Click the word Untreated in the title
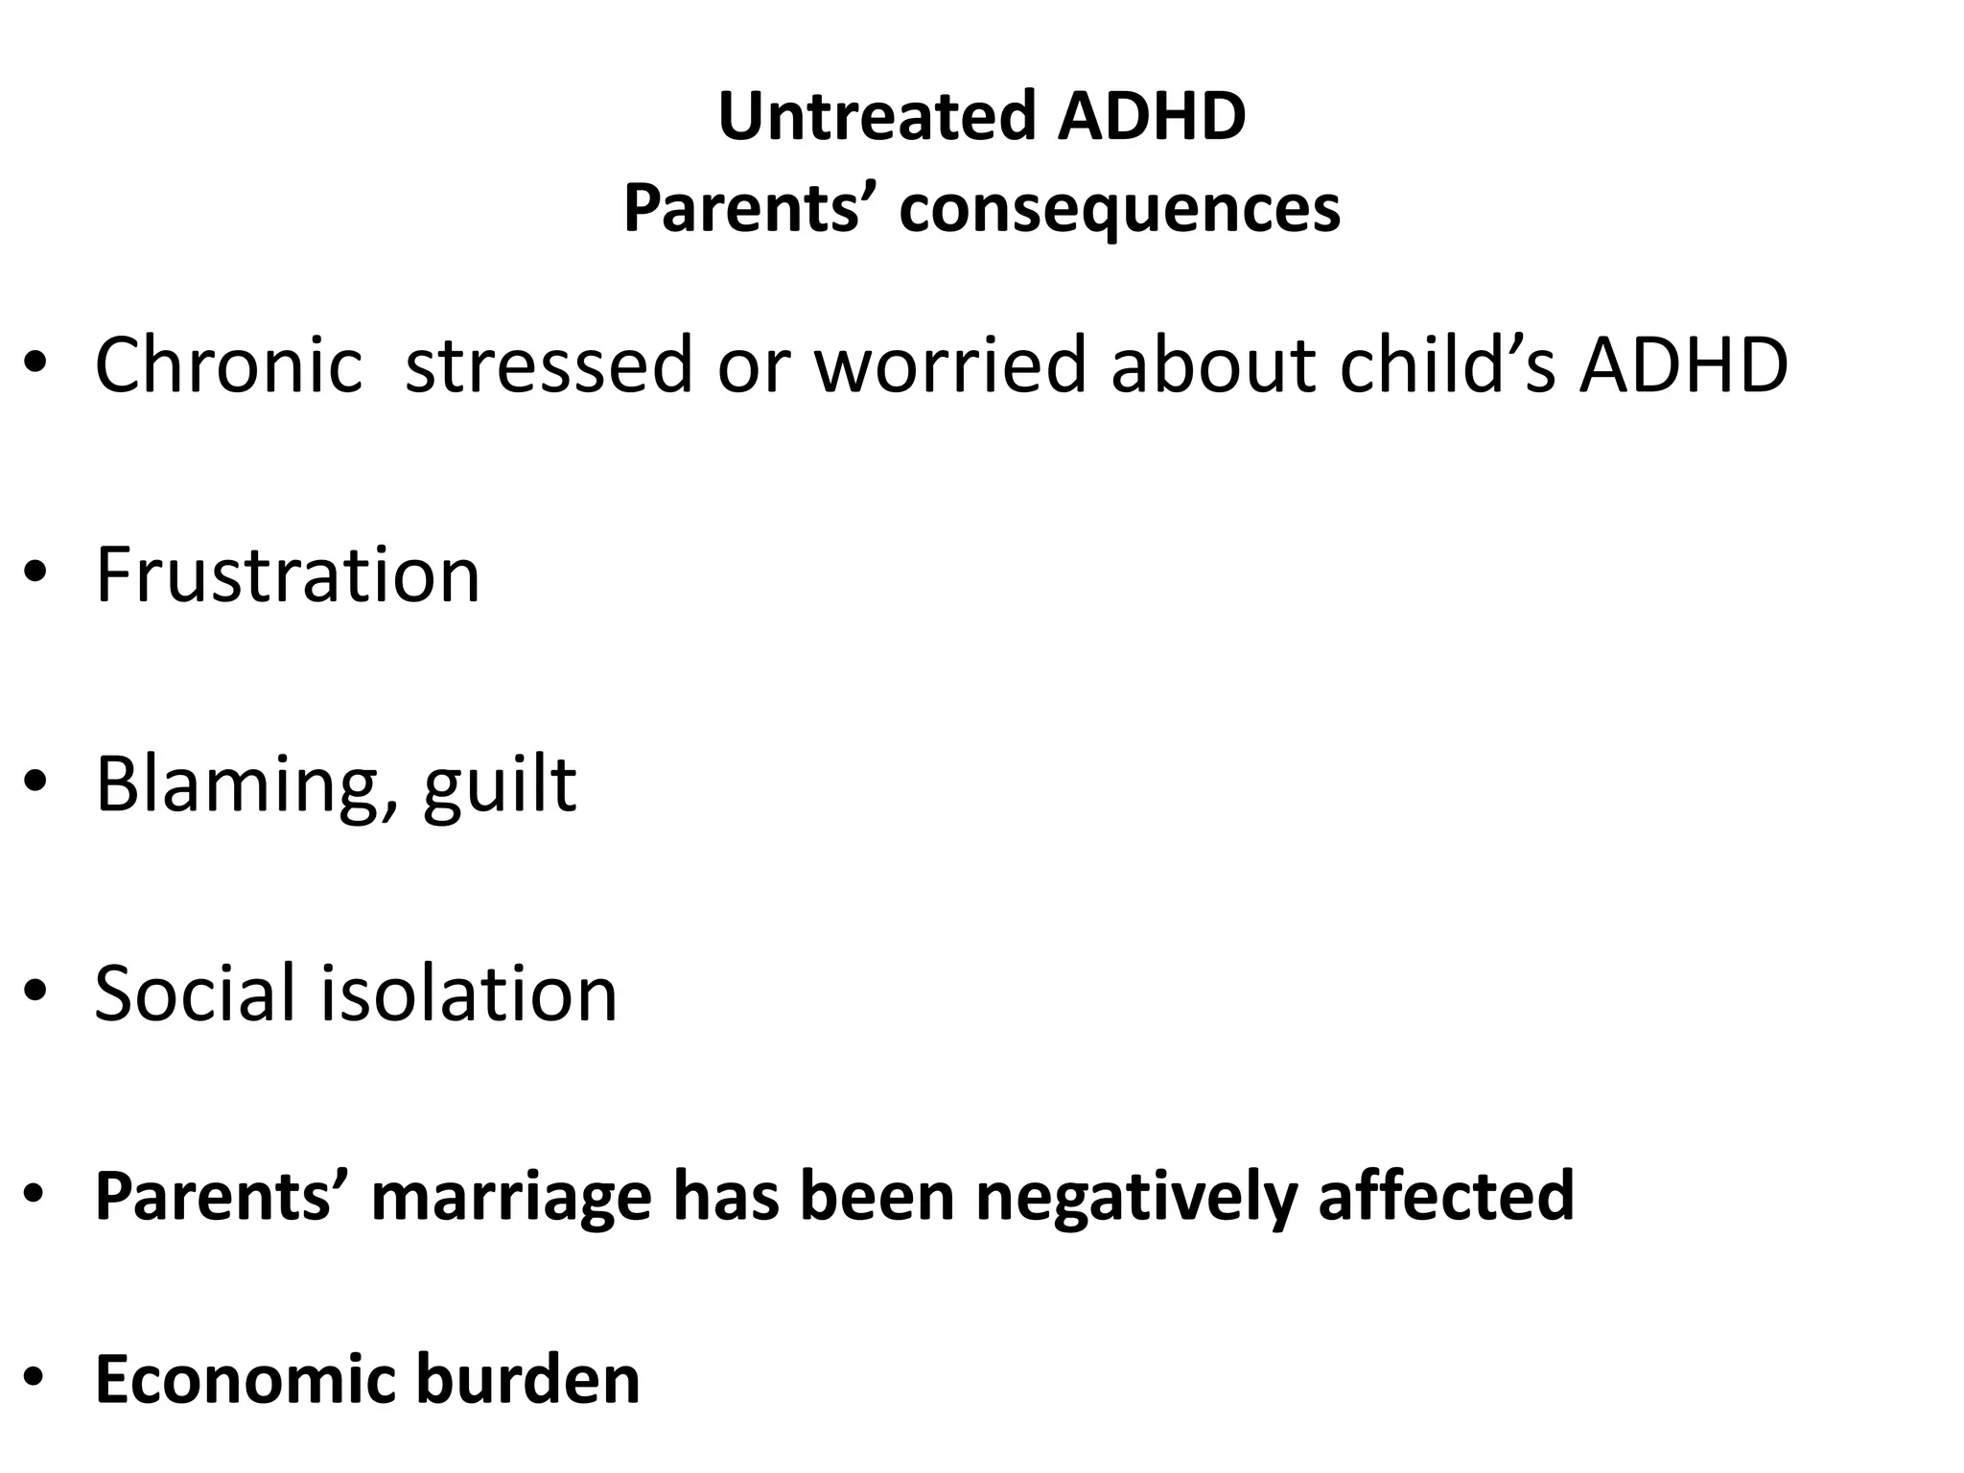(x=877, y=116)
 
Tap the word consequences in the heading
(x=1119, y=208)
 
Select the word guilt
(x=500, y=784)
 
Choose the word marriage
(x=511, y=1196)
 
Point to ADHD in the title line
(x=1152, y=116)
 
